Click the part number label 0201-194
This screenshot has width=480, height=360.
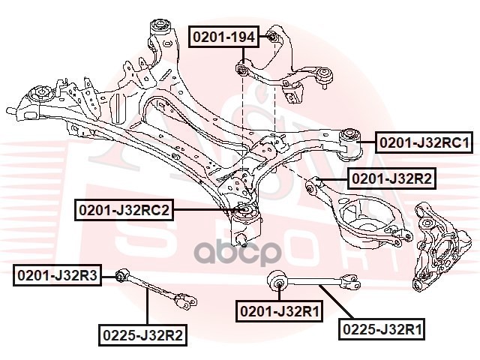[x=223, y=37]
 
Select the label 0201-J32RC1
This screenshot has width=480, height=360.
[x=424, y=142]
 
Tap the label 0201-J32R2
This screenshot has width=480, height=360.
[x=391, y=178]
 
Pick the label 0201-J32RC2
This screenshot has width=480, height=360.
[x=124, y=210]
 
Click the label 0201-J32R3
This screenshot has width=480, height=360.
[x=57, y=275]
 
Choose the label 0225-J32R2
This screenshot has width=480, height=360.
[x=142, y=335]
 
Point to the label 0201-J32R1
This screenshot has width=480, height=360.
[x=279, y=311]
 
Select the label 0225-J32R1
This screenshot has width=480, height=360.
[x=382, y=329]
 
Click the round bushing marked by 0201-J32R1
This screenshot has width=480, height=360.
[x=277, y=280]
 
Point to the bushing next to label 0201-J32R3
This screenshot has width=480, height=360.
[x=121, y=275]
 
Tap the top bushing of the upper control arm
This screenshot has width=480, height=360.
[x=272, y=37]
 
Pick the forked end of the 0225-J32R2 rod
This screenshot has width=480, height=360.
[x=185, y=301]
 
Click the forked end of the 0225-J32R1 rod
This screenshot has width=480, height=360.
[x=351, y=281]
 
